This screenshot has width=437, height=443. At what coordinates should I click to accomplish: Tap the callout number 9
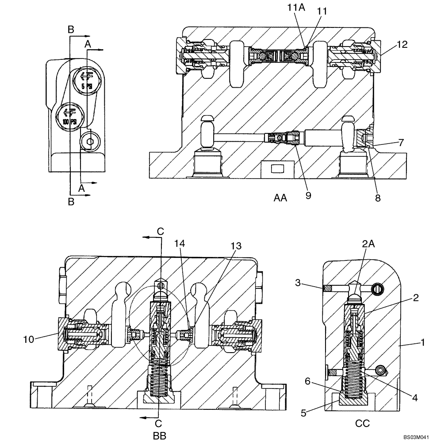coord(308,195)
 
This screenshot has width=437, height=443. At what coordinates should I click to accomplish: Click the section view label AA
coord(280,198)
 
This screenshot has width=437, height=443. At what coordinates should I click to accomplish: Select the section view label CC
coord(362,423)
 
